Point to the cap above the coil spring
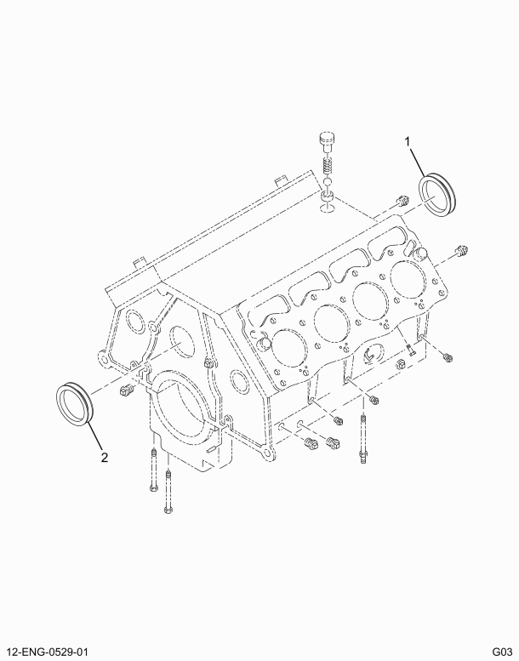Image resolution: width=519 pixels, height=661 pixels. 326,141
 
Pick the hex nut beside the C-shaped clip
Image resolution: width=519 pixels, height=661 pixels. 398,365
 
